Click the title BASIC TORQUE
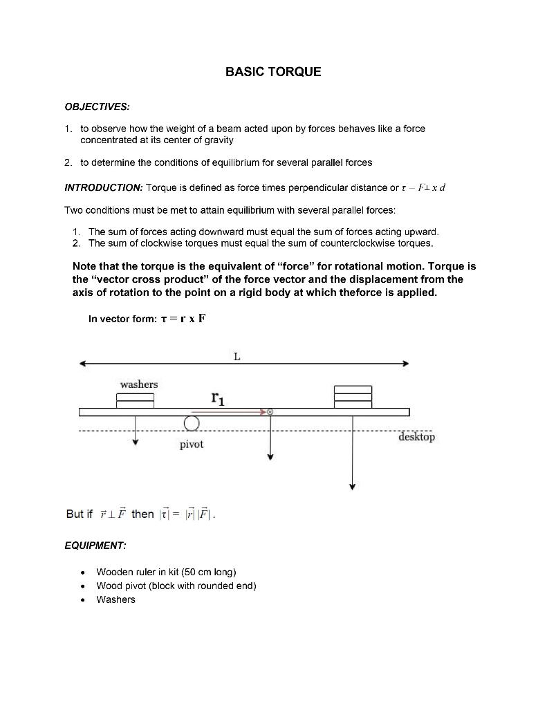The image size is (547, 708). pyautogui.click(x=273, y=72)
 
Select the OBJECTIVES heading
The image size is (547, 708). pyautogui.click(x=97, y=107)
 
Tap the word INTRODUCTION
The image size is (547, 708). pyautogui.click(x=103, y=188)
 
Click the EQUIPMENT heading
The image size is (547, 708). pyautogui.click(x=95, y=546)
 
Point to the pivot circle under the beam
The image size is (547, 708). pyautogui.click(x=192, y=423)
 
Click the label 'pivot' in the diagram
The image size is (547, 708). pyautogui.click(x=192, y=445)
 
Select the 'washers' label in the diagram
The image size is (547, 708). pyautogui.click(x=138, y=384)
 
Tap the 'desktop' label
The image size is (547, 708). pyautogui.click(x=416, y=437)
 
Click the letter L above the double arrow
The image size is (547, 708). pyautogui.click(x=237, y=357)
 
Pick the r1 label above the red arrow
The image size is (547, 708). pyautogui.click(x=218, y=398)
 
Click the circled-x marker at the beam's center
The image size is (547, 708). pyautogui.click(x=270, y=411)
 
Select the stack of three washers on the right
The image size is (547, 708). pyautogui.click(x=353, y=397)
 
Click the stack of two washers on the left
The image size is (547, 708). pyautogui.click(x=135, y=400)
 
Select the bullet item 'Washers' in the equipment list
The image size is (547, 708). pyautogui.click(x=115, y=599)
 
